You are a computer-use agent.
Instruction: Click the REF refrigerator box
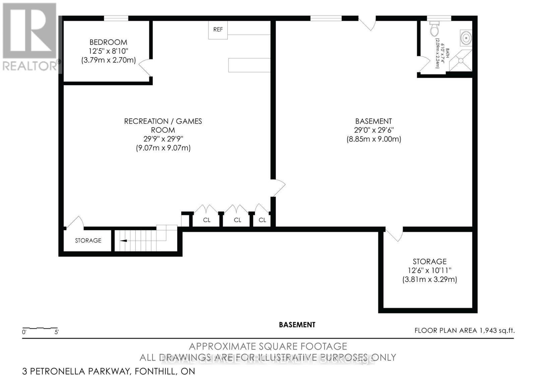(x=218, y=29)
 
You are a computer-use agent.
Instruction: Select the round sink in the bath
(x=466, y=37)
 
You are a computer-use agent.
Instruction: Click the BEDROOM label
(x=108, y=42)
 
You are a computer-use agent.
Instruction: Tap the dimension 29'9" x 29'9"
(x=163, y=139)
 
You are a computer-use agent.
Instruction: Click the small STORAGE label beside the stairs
(x=88, y=241)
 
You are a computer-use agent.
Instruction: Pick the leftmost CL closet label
(x=207, y=220)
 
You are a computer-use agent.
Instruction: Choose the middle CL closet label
(x=238, y=220)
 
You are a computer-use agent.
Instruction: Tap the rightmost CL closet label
(x=262, y=220)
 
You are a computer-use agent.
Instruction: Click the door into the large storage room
(x=395, y=234)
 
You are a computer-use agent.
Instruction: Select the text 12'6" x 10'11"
(x=429, y=270)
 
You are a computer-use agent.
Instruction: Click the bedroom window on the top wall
(x=116, y=18)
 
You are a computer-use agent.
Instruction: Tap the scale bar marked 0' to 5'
(x=40, y=328)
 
